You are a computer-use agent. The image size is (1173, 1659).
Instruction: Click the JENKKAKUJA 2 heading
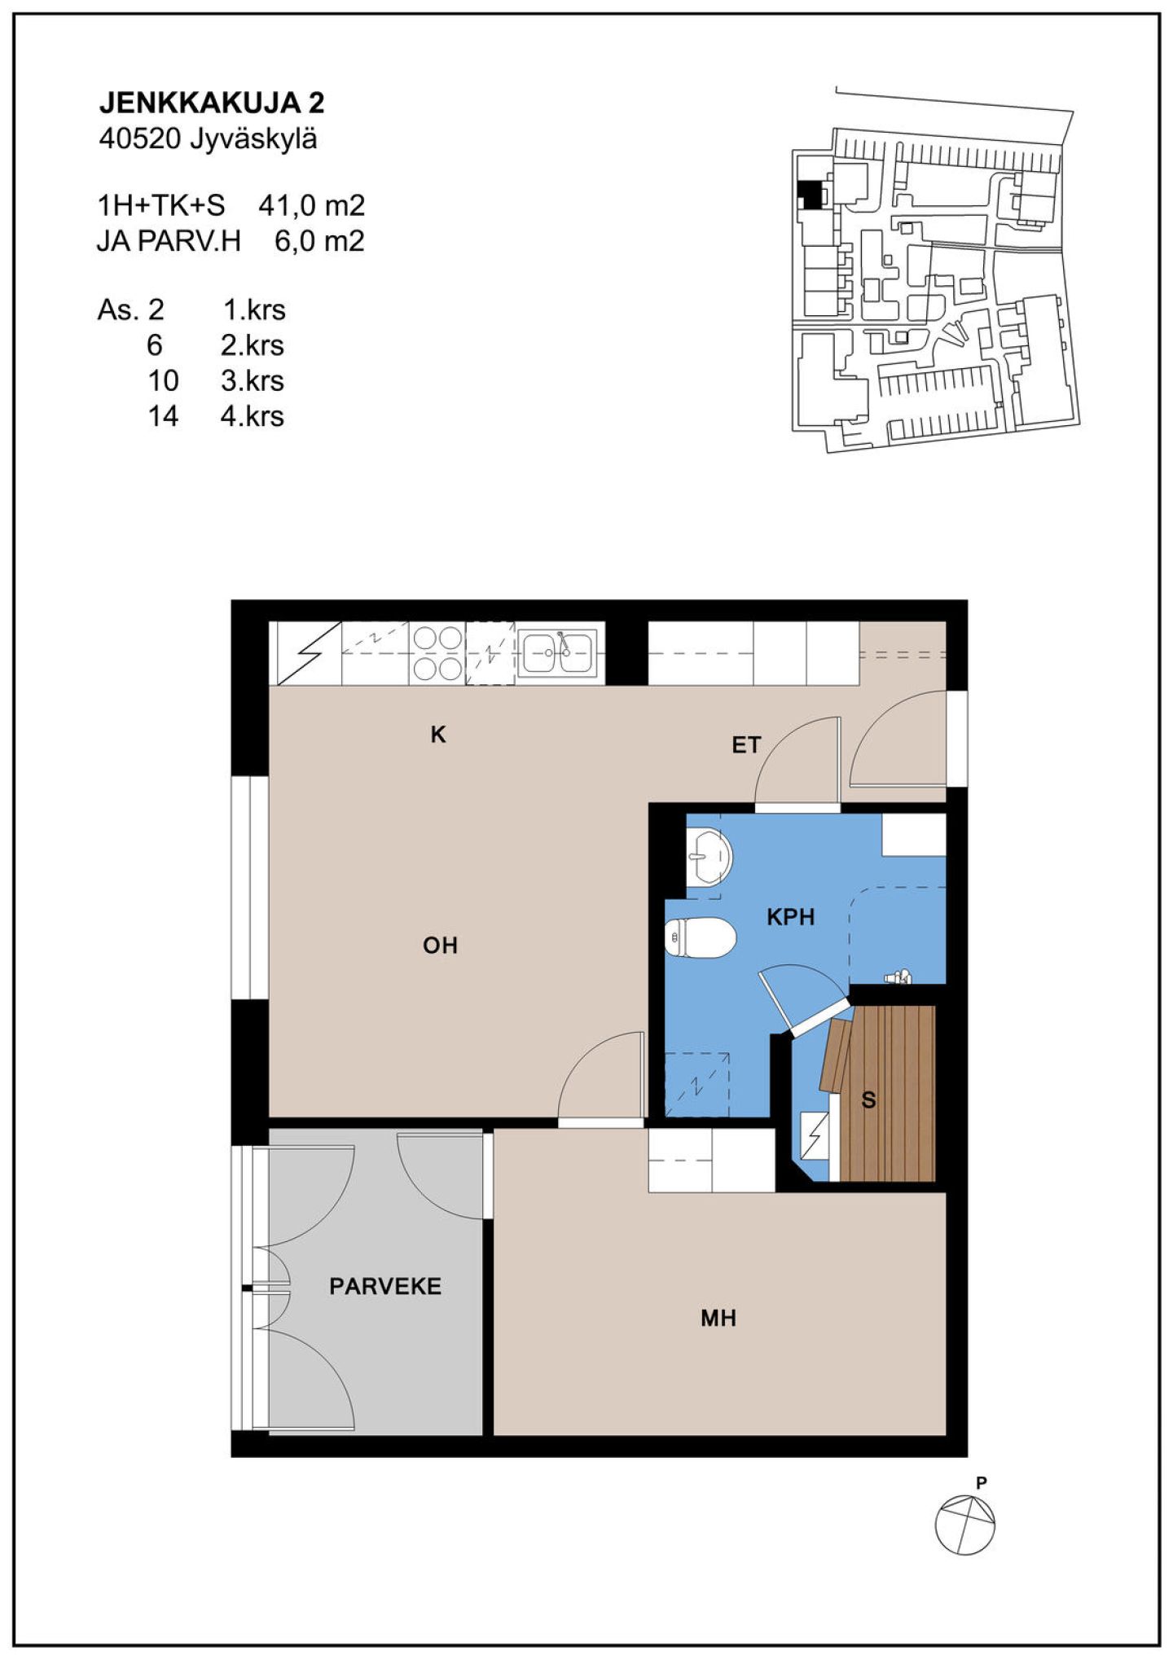212,103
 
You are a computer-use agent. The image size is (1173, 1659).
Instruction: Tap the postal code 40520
139,139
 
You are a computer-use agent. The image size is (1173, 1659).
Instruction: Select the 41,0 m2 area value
311,206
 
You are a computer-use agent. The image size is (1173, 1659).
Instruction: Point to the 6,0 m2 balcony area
319,242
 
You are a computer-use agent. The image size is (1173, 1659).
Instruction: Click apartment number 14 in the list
163,416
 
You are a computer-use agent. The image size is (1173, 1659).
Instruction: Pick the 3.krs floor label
253,380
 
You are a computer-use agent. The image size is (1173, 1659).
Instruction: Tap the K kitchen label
438,735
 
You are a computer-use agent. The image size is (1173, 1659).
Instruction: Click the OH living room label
440,946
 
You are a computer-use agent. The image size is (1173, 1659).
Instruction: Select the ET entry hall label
746,745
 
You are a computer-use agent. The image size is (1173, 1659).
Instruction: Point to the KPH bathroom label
790,917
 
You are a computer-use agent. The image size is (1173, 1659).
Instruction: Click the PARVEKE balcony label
385,1286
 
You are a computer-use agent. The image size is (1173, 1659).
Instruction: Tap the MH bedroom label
718,1318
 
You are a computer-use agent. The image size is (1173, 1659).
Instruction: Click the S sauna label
868,1100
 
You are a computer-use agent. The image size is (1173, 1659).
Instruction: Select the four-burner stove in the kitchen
437,653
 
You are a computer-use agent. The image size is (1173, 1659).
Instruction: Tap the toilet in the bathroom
701,938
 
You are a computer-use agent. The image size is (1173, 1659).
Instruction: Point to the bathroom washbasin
709,857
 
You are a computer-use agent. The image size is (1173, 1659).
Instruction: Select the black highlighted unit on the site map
809,195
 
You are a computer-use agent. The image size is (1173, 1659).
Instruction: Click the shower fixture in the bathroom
898,977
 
